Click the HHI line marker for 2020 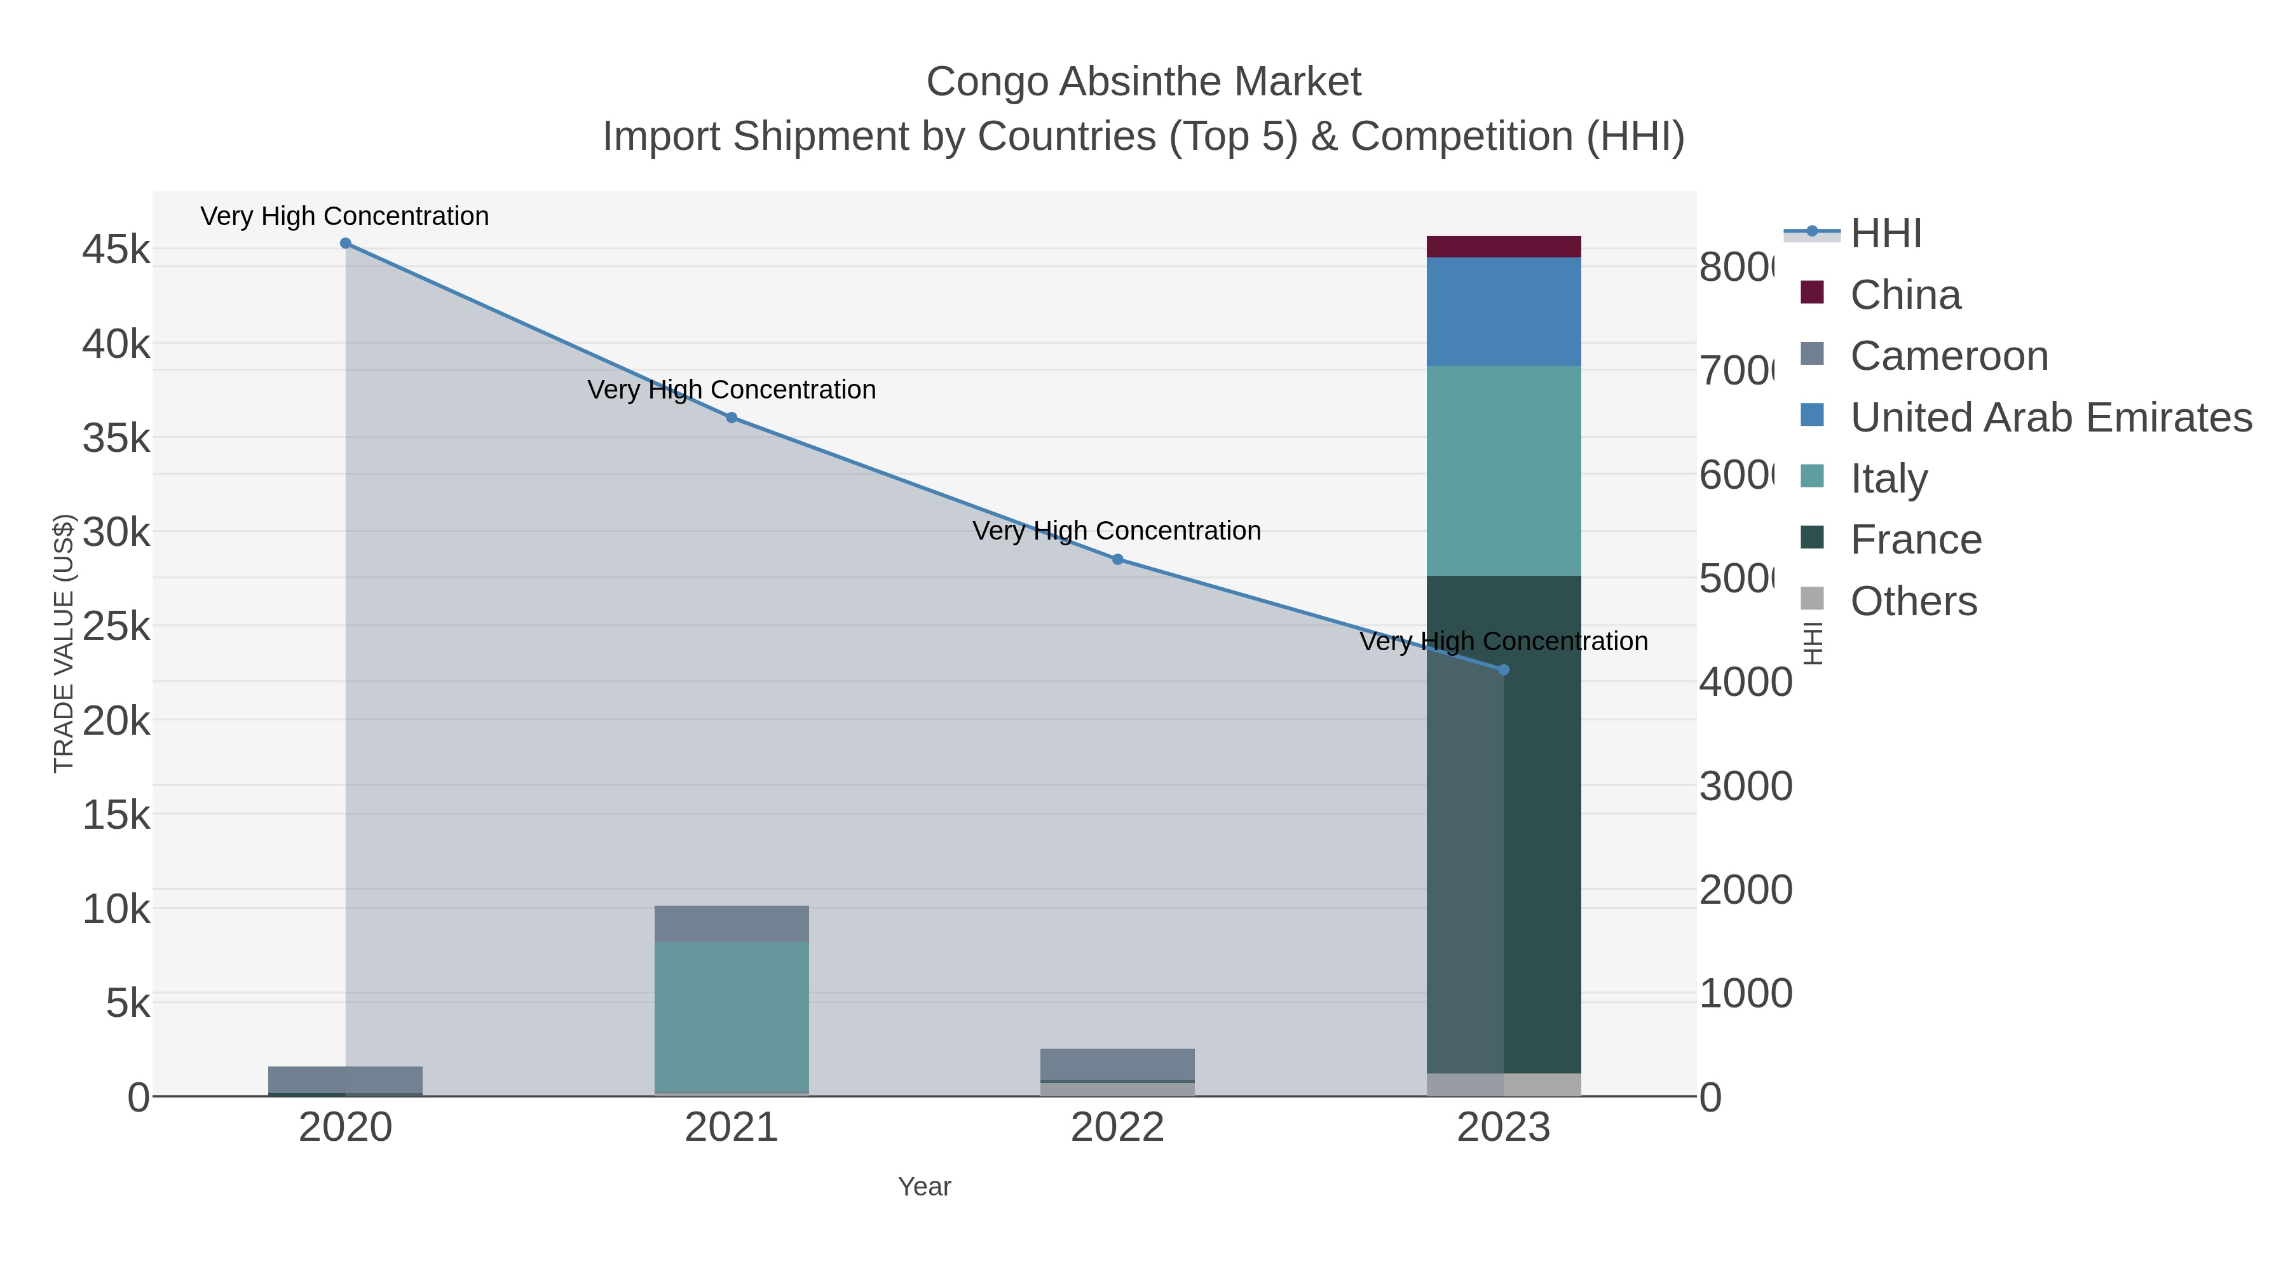(x=346, y=243)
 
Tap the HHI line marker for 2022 (x=1117, y=559)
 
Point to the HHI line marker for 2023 (x=1504, y=670)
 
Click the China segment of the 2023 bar (x=1504, y=247)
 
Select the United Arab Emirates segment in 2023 (x=1504, y=312)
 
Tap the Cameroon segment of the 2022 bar (x=1117, y=1064)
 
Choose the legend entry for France (x=1915, y=540)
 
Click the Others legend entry (x=1913, y=601)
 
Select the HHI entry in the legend (x=1885, y=234)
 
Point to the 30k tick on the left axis (x=117, y=533)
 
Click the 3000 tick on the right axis (x=1745, y=787)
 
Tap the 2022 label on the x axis (x=1117, y=1128)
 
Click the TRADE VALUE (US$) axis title (x=64, y=643)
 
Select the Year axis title (x=923, y=1187)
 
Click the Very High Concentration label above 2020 (x=344, y=217)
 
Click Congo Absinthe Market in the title (x=1143, y=83)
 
